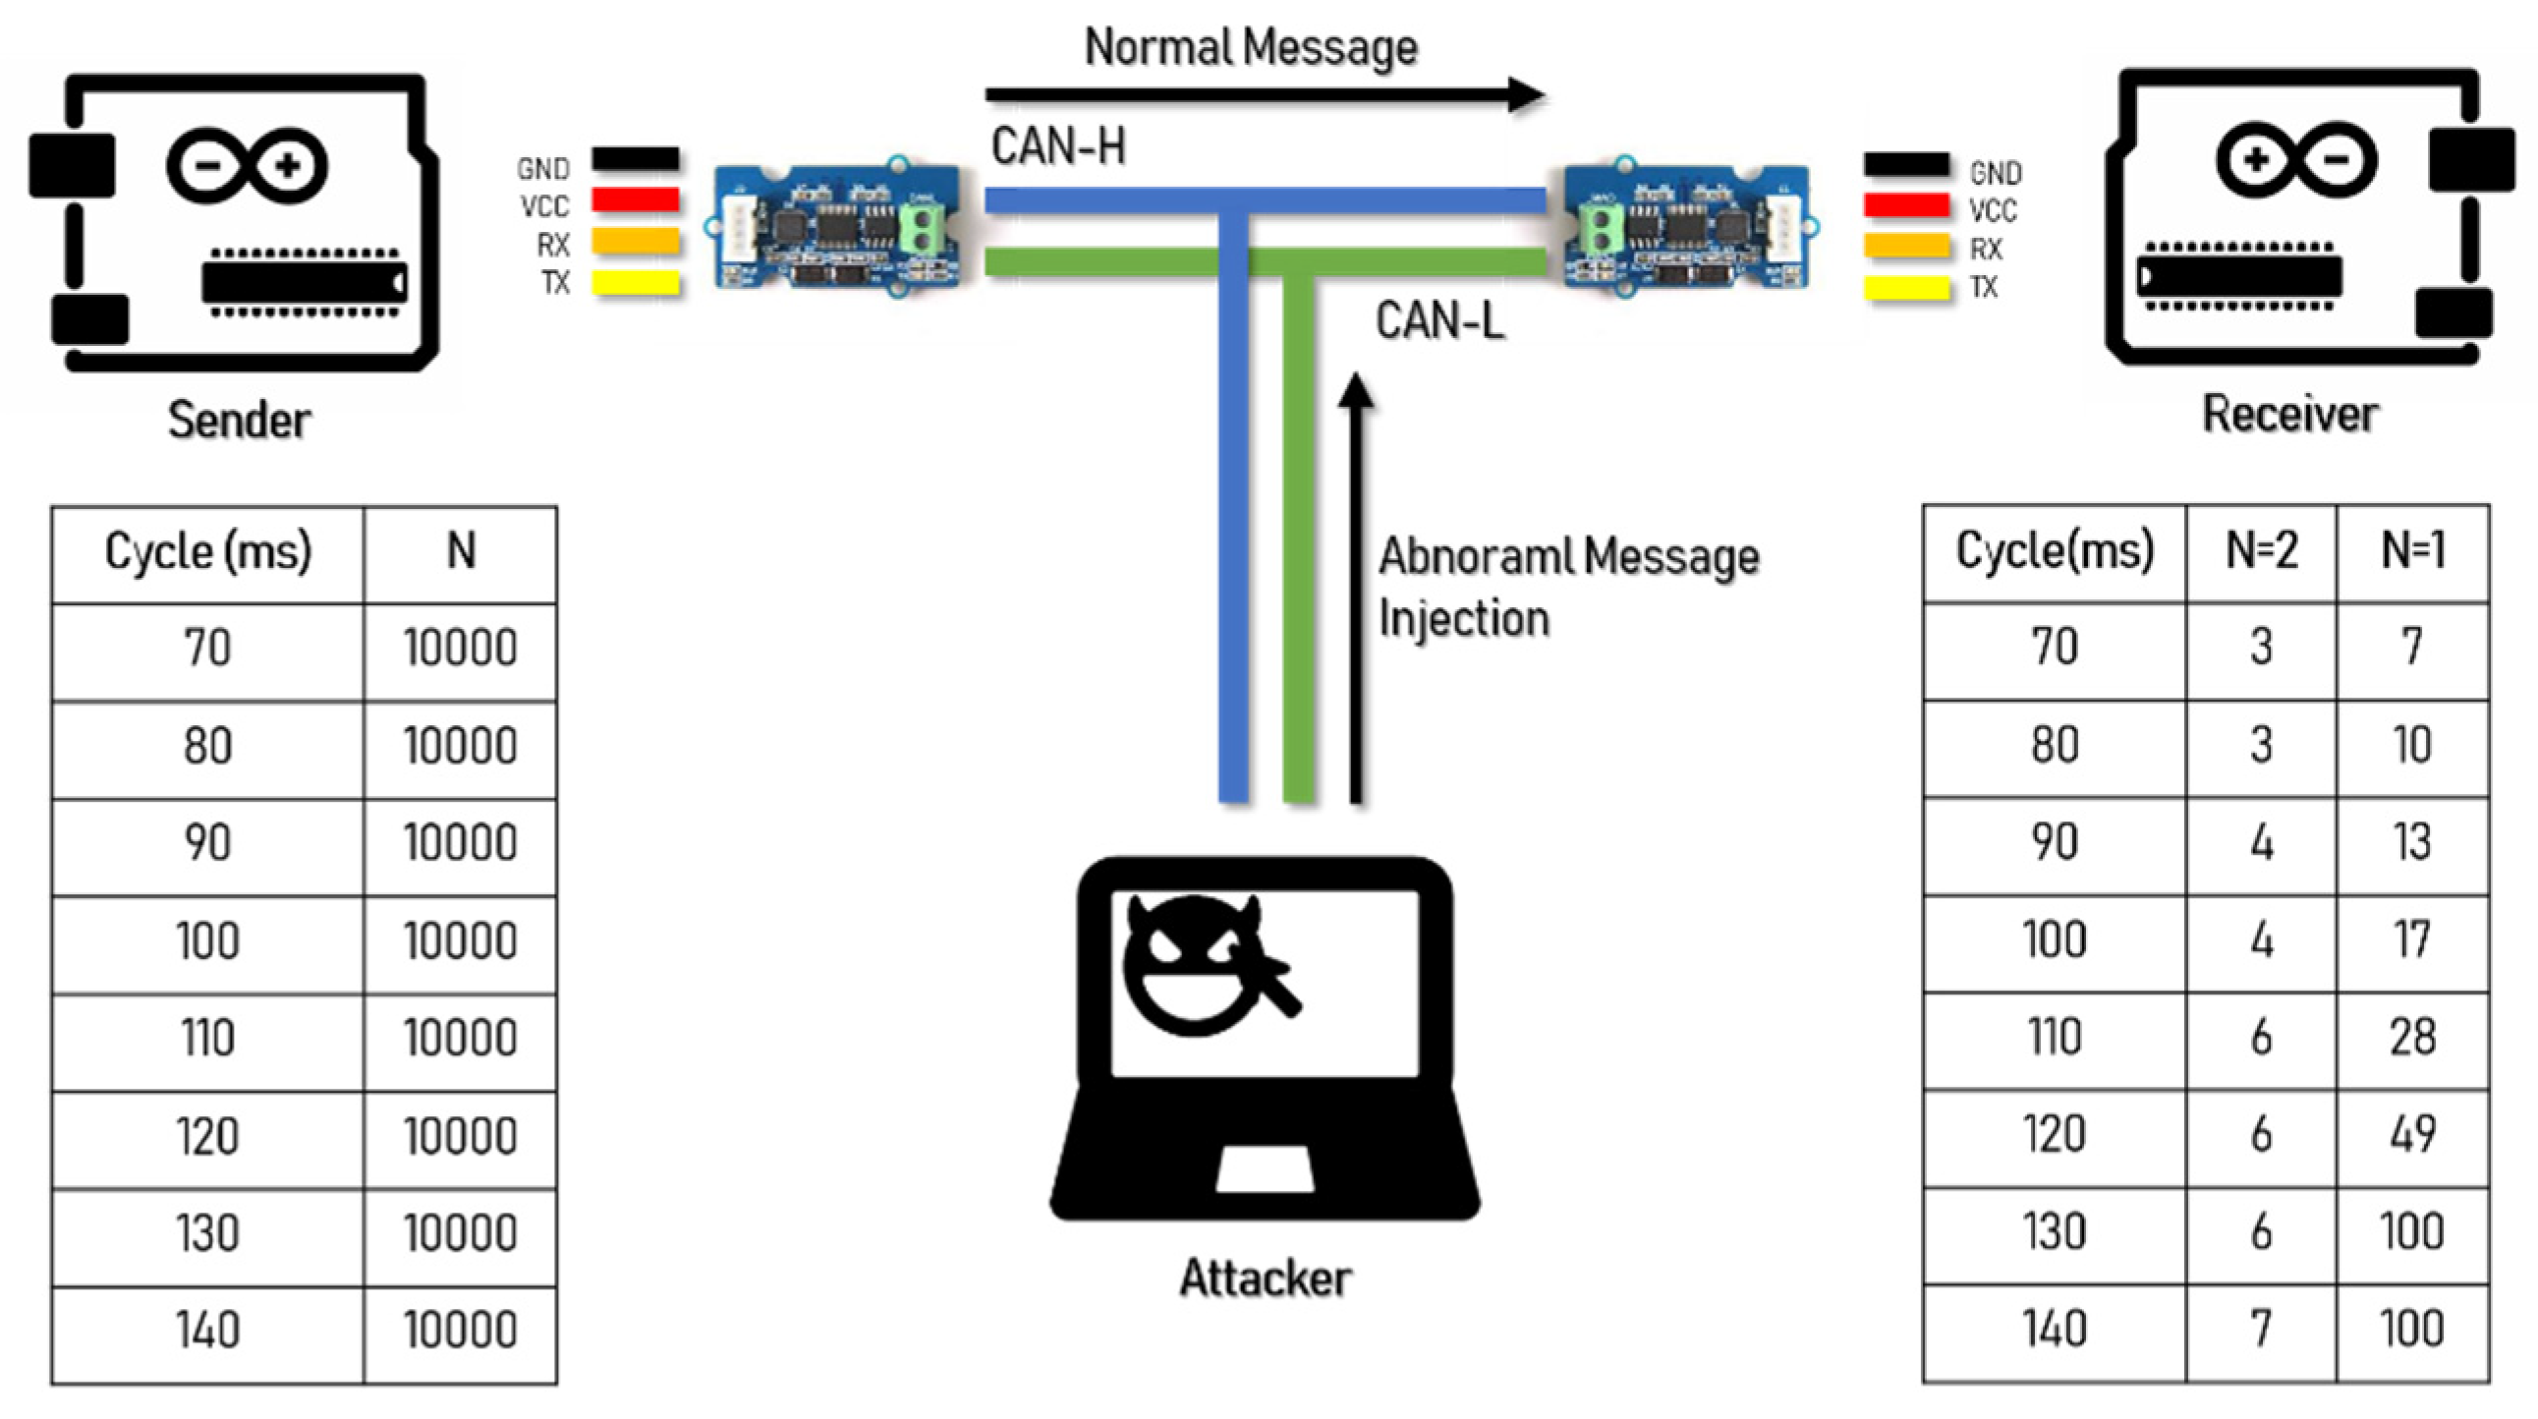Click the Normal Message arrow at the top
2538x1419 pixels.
coord(1261,95)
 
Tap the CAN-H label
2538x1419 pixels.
coord(1058,146)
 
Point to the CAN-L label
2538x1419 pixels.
coord(1438,321)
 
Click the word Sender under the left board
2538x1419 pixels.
coord(240,421)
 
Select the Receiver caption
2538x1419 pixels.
coord(2289,414)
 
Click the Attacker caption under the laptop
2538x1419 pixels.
coord(1265,1279)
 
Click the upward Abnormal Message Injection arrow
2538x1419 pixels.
coord(1356,592)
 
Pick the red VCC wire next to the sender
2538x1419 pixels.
coord(635,201)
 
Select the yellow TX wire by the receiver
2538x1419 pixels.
coord(1905,289)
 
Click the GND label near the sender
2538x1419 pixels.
coord(542,169)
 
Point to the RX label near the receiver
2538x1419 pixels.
coord(1985,250)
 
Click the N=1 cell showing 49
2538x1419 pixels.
coord(2412,1135)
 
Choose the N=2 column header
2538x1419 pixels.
coord(2261,551)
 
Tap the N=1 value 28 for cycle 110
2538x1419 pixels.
coord(2412,1038)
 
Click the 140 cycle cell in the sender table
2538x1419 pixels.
coord(208,1331)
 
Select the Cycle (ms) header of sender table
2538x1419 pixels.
coord(208,552)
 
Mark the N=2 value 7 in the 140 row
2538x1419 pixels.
coord(2261,1331)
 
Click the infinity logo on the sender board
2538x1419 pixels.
coord(247,165)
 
